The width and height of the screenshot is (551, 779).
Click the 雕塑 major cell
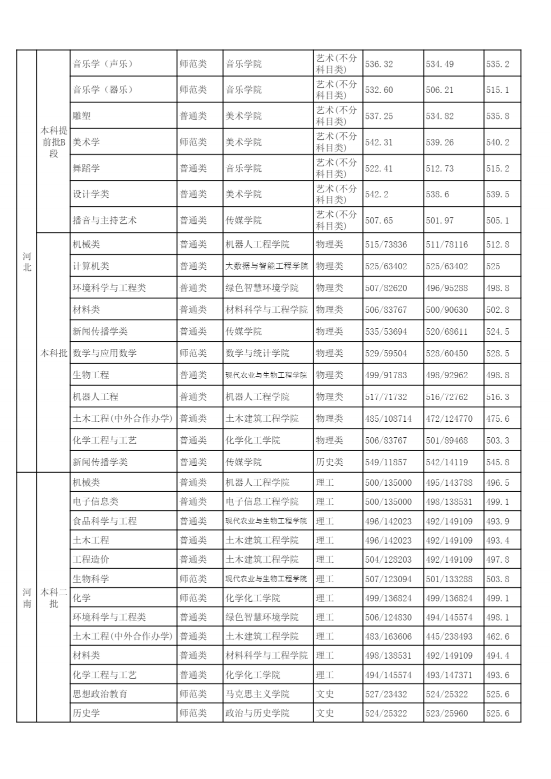82,116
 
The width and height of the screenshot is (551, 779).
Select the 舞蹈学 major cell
86,168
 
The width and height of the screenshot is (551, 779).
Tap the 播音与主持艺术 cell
104,220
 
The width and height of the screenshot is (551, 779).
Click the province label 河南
27,598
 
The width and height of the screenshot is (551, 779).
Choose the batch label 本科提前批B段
53,142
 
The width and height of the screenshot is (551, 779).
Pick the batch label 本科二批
53,598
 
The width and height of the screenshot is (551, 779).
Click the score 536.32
379,64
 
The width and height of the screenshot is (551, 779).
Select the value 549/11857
386,462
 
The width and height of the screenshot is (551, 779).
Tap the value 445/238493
449,636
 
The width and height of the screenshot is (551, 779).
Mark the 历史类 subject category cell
329,462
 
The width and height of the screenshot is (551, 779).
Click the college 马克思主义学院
257,694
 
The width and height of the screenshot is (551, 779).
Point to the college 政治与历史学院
257,713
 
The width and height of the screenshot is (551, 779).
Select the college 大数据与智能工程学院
266,266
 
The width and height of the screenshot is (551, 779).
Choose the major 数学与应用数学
104,353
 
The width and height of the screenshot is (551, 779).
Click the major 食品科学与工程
104,521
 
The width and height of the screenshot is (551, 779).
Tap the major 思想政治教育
100,694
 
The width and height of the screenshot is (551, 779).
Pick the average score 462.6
497,636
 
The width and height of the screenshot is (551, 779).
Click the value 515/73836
386,245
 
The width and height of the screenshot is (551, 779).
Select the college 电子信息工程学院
262,502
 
